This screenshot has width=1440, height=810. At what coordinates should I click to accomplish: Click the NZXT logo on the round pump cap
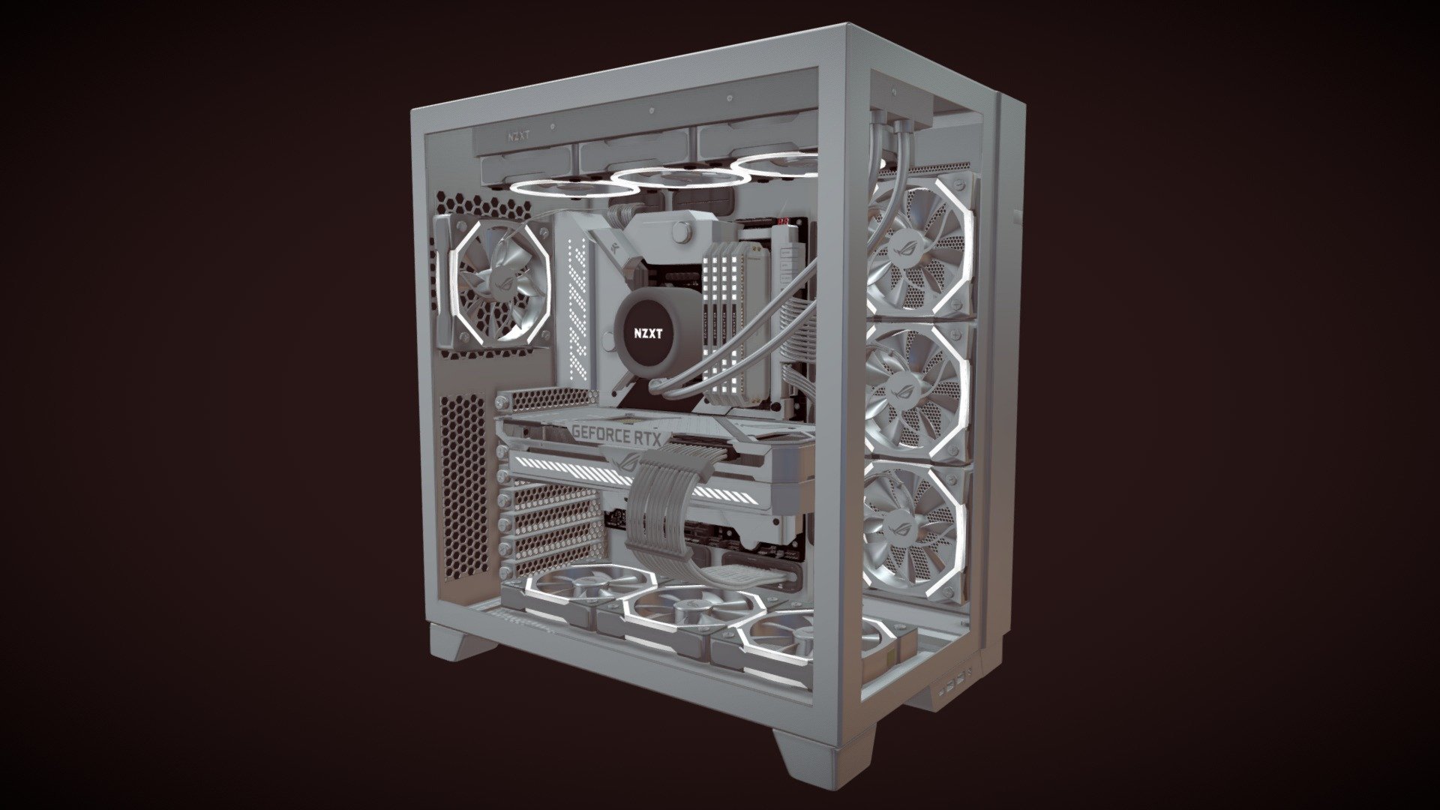648,334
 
